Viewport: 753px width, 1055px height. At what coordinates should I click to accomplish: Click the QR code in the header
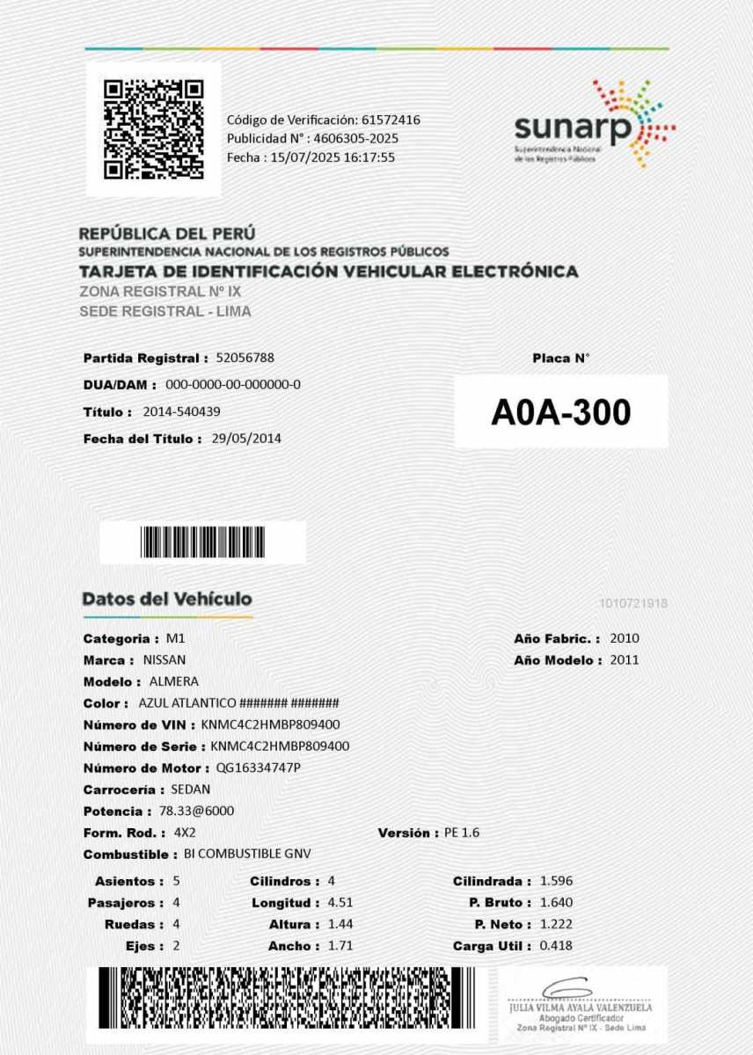click(154, 129)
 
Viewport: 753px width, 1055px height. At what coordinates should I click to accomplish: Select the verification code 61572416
click(391, 120)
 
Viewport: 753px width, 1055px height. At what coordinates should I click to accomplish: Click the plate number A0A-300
click(561, 411)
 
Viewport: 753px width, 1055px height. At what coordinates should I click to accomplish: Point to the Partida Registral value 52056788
click(245, 358)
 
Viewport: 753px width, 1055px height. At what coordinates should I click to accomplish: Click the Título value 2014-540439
click(180, 411)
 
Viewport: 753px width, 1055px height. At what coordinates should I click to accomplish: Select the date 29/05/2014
click(246, 438)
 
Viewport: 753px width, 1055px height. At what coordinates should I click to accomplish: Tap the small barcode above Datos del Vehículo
click(202, 542)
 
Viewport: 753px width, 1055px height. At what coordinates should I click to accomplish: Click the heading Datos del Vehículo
click(167, 599)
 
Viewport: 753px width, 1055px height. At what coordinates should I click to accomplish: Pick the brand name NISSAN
click(164, 659)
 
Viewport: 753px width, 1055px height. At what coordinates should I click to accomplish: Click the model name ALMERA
click(174, 681)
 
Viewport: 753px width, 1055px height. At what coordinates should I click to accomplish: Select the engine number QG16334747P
click(259, 768)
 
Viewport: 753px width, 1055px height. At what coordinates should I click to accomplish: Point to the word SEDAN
click(190, 789)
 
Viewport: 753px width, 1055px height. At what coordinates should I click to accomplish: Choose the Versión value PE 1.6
click(461, 833)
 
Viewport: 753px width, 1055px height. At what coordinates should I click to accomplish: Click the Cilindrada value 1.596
click(557, 881)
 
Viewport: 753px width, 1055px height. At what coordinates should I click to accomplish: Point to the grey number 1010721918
click(632, 603)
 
